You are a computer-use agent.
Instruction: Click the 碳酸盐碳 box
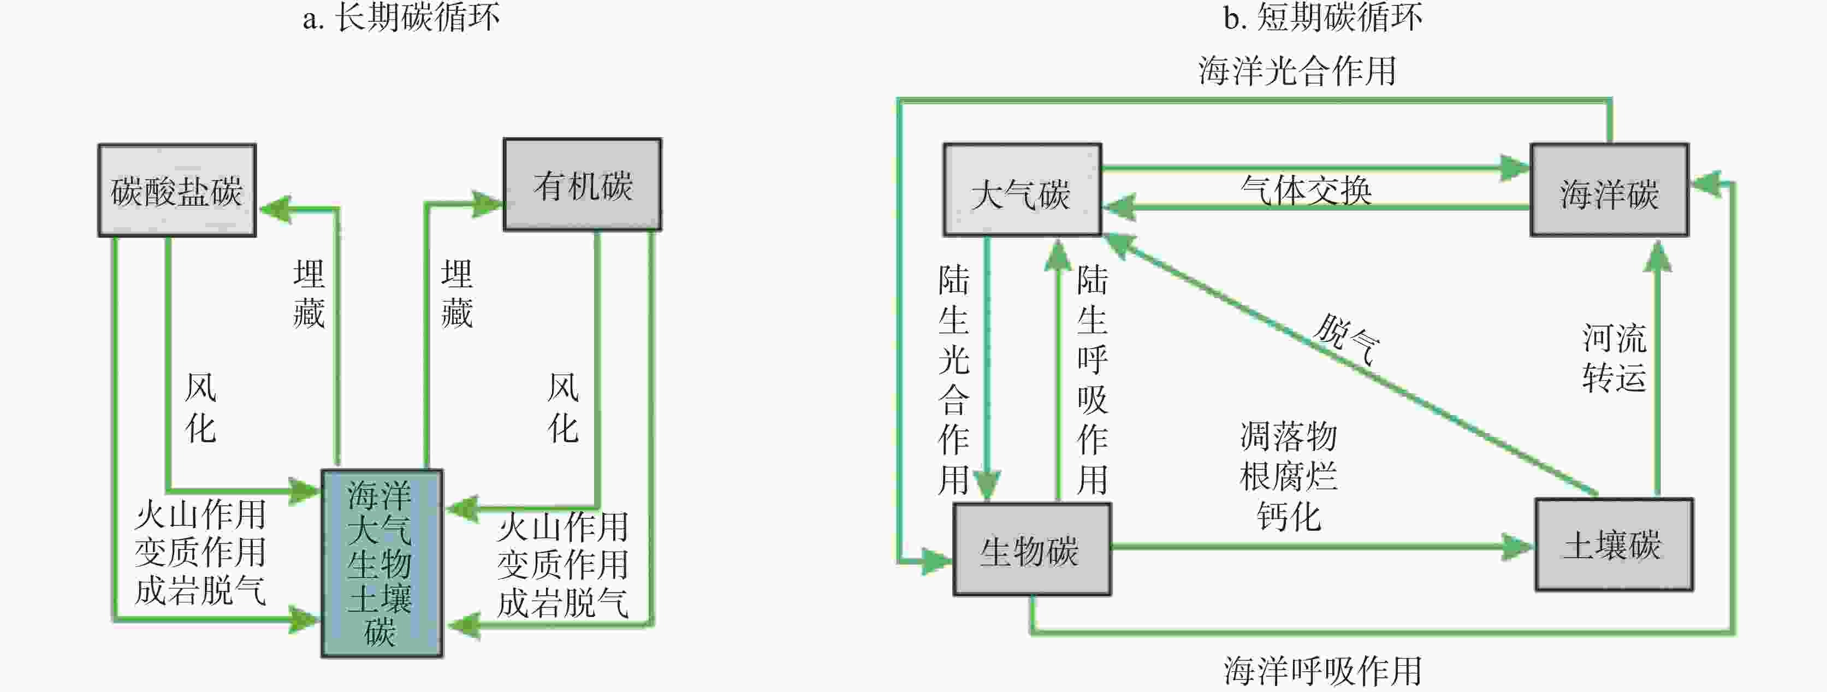[x=176, y=190]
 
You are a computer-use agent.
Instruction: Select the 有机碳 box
[x=582, y=185]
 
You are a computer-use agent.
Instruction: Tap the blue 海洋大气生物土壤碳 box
[x=382, y=563]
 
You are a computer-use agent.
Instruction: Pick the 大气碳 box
[x=1021, y=190]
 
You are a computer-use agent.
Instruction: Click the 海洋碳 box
[x=1609, y=190]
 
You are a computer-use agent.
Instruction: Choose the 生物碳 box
[x=1031, y=549]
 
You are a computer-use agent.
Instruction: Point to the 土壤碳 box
[x=1614, y=545]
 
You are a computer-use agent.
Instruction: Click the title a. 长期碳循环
[x=401, y=17]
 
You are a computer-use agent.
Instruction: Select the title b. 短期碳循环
[x=1322, y=17]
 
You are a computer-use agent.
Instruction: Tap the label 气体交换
[x=1306, y=190]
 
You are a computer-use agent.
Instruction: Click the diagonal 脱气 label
[x=1346, y=339]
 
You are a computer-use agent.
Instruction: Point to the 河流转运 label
[x=1614, y=358]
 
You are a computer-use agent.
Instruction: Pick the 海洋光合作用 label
[x=1296, y=71]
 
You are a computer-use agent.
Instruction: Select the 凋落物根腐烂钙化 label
[x=1288, y=476]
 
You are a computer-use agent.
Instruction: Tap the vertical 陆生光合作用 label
[x=953, y=380]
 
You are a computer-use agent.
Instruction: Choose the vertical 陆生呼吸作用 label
[x=1092, y=380]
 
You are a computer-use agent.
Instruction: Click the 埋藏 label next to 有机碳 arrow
[x=456, y=293]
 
